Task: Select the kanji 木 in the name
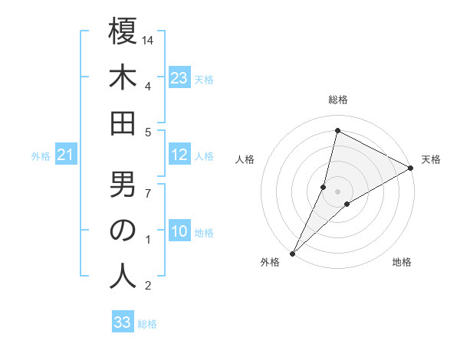[x=123, y=79]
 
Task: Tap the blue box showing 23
[x=179, y=77]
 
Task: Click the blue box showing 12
[x=179, y=155]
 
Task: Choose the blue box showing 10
[x=179, y=232]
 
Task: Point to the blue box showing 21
[x=65, y=155]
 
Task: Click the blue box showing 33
[x=123, y=322]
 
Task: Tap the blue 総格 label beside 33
[x=147, y=324]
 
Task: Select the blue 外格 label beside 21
[x=41, y=156]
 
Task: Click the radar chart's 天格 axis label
[x=431, y=159]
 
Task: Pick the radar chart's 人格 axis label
[x=245, y=159]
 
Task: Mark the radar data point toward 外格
[x=292, y=253]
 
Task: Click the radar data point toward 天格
[x=410, y=169]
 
